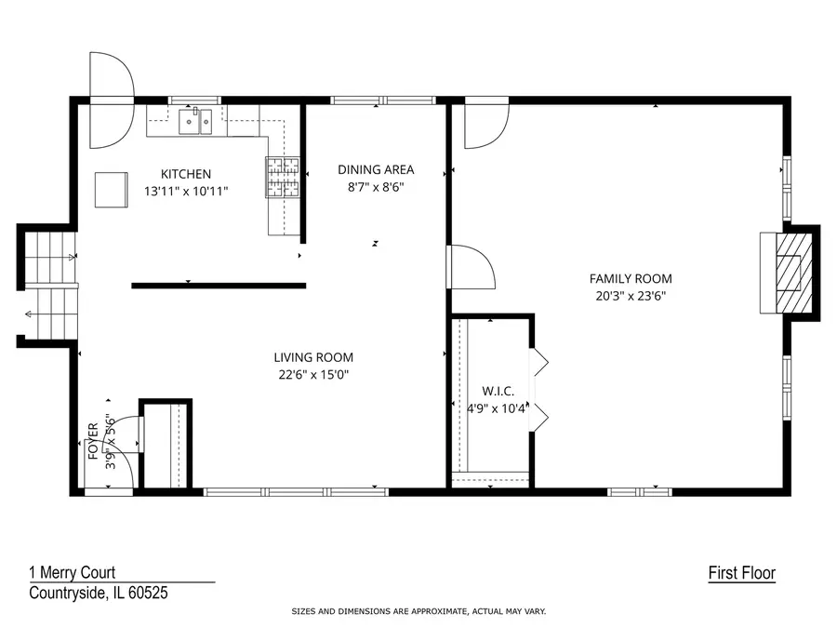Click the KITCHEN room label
click(186, 174)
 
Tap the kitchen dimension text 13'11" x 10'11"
click(186, 191)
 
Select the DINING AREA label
click(376, 169)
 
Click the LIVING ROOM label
click(313, 357)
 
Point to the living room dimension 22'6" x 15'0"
click(313, 375)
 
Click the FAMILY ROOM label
click(631, 278)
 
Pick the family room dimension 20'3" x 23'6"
click(631, 296)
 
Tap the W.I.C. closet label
click(498, 391)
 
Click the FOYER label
click(93, 442)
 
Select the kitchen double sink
click(197, 120)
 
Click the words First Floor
click(741, 574)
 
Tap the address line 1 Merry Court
click(72, 574)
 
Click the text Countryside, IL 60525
click(98, 593)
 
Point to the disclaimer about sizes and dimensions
click(418, 612)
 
